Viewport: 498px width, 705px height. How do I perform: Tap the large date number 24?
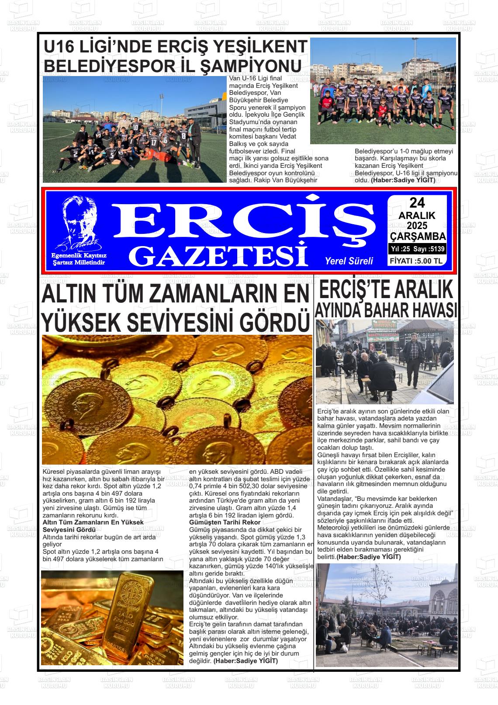(x=417, y=202)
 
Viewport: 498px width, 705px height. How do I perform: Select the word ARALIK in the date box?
(x=417, y=215)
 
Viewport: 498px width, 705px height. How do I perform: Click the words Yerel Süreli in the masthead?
(x=349, y=261)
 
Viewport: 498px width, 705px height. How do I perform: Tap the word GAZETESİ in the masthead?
(x=220, y=255)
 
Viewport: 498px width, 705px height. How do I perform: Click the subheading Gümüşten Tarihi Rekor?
(x=225, y=522)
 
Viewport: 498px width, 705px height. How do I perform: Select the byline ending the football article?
(x=403, y=180)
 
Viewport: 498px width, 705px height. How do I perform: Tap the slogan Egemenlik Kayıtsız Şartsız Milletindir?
(x=79, y=259)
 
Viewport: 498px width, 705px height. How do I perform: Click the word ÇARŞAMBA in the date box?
(x=418, y=236)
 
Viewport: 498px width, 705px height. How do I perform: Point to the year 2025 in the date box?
(x=417, y=226)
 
